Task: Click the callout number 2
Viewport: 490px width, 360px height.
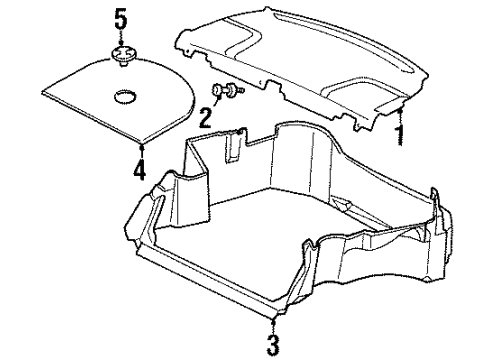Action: coord(206,117)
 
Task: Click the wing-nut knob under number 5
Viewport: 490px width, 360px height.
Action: coord(122,57)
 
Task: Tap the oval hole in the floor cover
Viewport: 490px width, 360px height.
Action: coord(126,96)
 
